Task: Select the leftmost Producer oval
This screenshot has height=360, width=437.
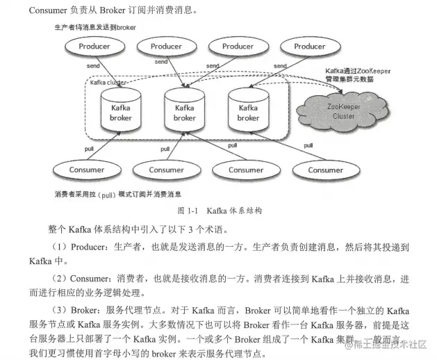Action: (94, 47)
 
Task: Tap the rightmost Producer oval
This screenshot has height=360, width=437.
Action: (309, 47)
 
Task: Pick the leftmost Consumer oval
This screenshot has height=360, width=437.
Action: (87, 170)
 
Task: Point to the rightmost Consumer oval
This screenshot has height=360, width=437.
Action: (325, 170)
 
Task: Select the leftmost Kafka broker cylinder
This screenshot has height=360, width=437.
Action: (121, 111)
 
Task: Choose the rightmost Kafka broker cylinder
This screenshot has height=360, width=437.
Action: (248, 111)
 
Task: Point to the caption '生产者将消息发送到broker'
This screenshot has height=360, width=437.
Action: (95, 26)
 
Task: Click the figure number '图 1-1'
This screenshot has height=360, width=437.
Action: (188, 210)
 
